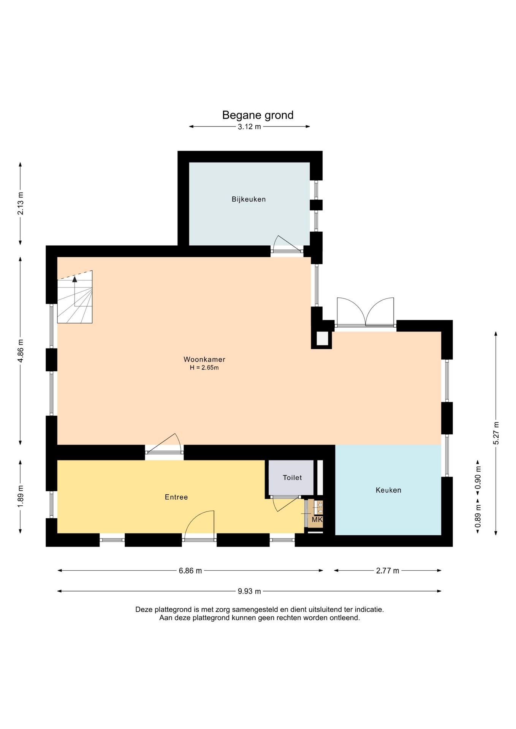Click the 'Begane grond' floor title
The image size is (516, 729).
point(258,115)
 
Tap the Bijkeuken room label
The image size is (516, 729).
point(249,199)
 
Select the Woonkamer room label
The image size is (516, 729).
point(204,359)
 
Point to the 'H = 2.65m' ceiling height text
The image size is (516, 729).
point(204,368)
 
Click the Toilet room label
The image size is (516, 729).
point(292,478)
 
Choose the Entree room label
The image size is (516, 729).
point(176,497)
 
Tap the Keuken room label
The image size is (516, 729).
point(388,490)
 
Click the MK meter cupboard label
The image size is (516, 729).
point(317,519)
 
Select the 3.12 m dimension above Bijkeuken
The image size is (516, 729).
point(249,127)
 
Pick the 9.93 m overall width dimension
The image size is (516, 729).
point(249,591)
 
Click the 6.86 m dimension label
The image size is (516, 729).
point(190,571)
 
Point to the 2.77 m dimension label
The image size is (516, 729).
point(388,571)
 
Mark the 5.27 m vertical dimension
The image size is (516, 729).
point(496,433)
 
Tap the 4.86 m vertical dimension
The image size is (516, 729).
point(21,351)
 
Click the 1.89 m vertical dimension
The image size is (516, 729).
point(21,496)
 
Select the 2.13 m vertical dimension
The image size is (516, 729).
point(21,204)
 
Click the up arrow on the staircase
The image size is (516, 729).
point(75,279)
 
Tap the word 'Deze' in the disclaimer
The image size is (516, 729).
point(144,609)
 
